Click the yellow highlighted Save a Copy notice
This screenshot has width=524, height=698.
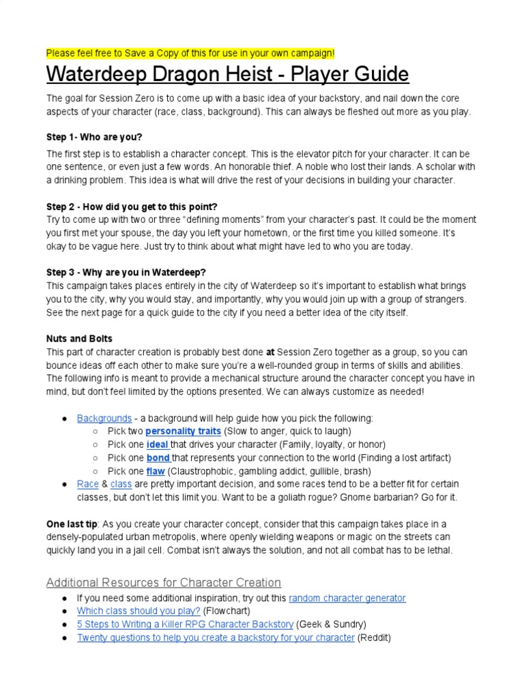click(x=190, y=53)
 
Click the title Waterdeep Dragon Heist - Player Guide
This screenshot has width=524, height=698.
click(x=227, y=74)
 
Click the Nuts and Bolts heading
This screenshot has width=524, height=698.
click(x=79, y=339)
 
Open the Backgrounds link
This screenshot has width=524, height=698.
click(x=104, y=418)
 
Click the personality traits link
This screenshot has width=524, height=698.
click(x=183, y=431)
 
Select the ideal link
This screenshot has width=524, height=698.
click(x=157, y=444)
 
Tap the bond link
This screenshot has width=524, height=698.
click(x=158, y=457)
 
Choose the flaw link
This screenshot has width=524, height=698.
click(x=155, y=471)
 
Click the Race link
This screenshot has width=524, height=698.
click(x=88, y=484)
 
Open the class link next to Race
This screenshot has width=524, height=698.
click(x=121, y=484)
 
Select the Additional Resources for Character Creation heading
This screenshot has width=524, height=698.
click(x=164, y=583)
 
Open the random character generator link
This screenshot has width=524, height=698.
click(x=347, y=598)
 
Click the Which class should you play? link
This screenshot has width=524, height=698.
click(x=139, y=611)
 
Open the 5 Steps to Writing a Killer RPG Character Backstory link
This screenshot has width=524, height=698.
click(x=185, y=624)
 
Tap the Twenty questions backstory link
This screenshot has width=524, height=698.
click(x=216, y=638)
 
